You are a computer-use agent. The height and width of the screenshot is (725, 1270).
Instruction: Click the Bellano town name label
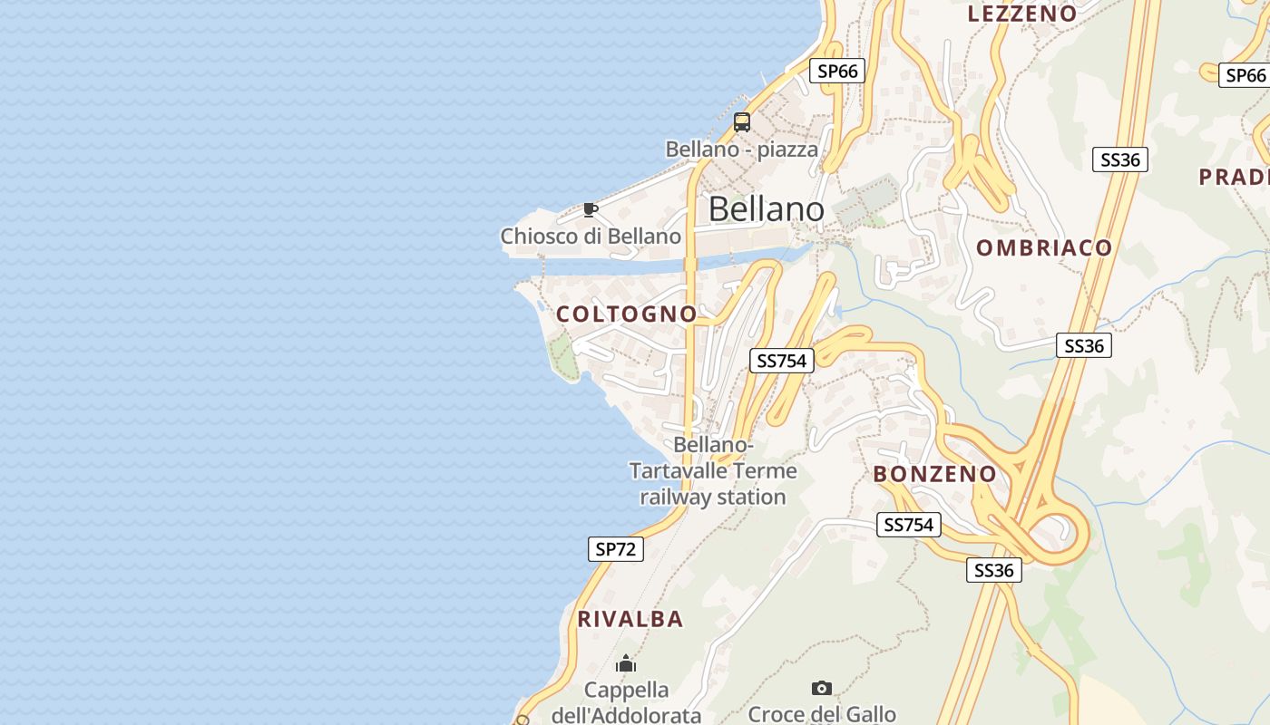[766, 209]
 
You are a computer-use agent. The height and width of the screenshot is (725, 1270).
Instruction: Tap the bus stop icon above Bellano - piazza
[742, 122]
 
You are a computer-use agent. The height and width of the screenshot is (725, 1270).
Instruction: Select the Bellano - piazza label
[741, 150]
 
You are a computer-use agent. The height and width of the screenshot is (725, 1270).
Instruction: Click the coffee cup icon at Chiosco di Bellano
[591, 210]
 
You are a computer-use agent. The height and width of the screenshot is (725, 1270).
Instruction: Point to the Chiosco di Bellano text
[591, 237]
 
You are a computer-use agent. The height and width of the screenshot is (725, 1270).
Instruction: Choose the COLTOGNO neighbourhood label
[627, 314]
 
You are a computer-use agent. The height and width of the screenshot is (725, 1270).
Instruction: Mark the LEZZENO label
[1022, 14]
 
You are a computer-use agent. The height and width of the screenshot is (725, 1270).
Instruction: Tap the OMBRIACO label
[1044, 248]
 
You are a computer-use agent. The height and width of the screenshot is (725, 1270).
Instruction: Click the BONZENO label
[934, 474]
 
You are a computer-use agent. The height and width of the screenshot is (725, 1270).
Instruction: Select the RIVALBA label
[630, 620]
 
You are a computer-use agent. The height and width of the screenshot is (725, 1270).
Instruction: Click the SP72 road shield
[616, 548]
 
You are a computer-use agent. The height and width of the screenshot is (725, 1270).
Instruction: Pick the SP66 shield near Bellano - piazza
[837, 71]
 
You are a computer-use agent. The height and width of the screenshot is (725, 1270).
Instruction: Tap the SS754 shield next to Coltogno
[781, 361]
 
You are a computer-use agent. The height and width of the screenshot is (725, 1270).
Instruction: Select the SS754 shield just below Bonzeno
[908, 525]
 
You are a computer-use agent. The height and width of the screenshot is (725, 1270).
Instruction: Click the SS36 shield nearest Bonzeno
[993, 570]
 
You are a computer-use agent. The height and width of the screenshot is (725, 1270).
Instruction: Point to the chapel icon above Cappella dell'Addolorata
[626, 664]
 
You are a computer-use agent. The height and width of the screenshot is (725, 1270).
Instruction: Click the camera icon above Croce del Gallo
[822, 689]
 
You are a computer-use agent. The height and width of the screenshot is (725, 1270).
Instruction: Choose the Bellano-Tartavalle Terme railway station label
[713, 471]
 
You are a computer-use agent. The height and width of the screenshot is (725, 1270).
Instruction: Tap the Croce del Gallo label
[822, 714]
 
